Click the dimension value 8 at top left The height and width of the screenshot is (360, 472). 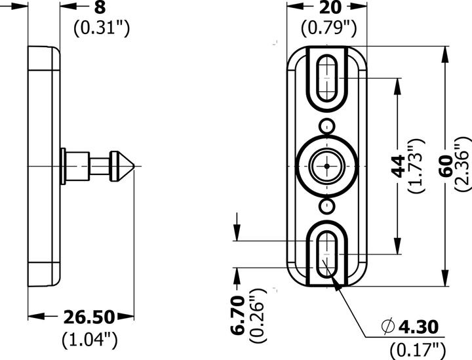[x=99, y=8]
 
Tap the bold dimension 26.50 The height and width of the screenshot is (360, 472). [x=88, y=318]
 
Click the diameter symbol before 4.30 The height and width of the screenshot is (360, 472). [x=388, y=326]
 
